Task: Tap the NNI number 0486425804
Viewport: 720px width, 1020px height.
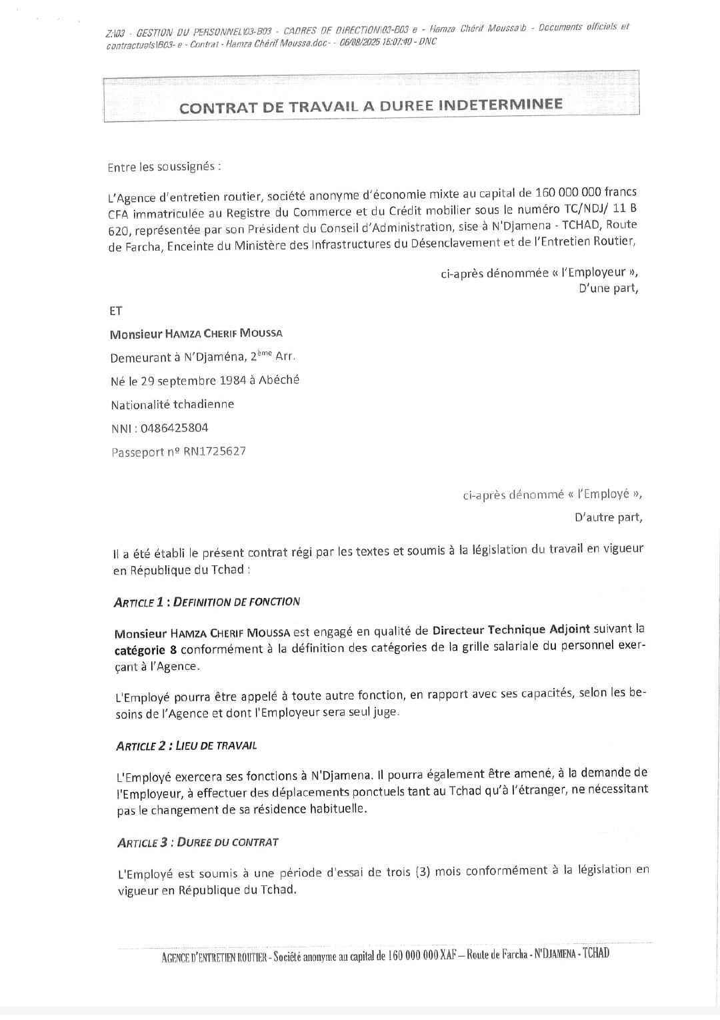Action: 174,428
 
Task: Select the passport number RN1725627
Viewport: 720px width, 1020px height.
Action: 215,451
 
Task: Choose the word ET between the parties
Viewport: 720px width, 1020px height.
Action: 116,311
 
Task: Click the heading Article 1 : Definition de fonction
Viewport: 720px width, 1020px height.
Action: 207,602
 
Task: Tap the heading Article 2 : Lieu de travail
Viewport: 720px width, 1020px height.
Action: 187,746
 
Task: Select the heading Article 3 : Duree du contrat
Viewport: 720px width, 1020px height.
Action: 197,843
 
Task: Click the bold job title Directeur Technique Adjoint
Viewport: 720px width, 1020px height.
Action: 511,629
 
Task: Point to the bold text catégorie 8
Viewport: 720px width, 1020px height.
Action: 145,650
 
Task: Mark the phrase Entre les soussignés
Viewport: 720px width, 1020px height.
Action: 162,167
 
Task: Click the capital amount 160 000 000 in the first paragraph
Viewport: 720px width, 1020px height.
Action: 568,193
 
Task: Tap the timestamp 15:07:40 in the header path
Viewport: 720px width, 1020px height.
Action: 395,42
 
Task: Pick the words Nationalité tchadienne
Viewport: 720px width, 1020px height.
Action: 173,405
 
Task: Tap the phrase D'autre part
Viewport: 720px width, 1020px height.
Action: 608,517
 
